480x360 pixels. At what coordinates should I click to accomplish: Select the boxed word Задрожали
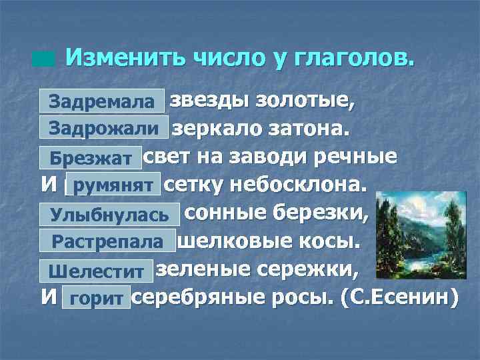point(103,128)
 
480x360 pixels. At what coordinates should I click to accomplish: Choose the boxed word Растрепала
point(107,241)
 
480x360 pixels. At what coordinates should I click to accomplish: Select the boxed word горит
point(96,299)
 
